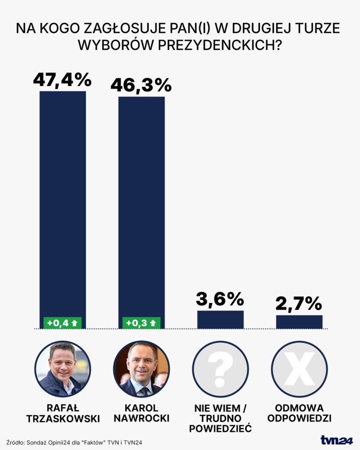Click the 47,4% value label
63,80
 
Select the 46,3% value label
141,85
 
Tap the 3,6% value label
220,300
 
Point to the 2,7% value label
299,304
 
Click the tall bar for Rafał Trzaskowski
63,202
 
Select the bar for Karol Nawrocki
141,207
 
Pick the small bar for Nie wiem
220,319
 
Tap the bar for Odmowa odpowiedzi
299,322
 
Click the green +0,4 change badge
62,323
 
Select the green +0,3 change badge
141,323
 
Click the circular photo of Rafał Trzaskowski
62,369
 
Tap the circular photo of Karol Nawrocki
141,369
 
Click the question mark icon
220,369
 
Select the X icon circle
299,369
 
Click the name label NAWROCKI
141,419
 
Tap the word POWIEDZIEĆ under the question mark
220,428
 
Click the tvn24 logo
336,440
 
